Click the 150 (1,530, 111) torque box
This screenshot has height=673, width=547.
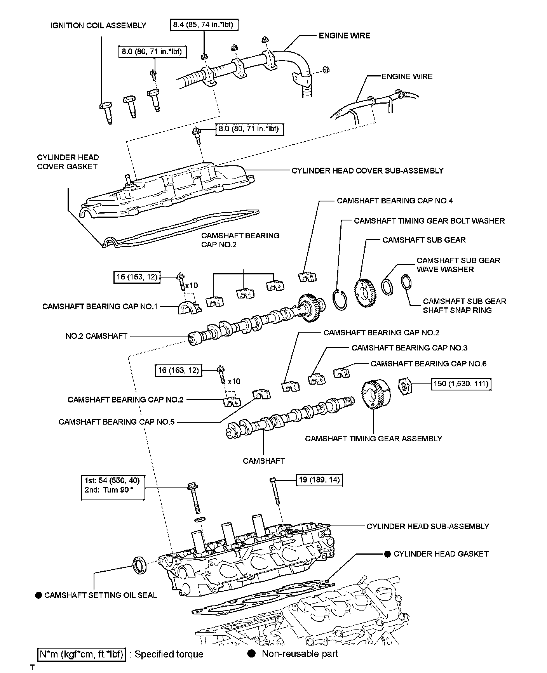pyautogui.click(x=462, y=384)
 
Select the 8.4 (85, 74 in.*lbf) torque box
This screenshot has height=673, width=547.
pyautogui.click(x=204, y=25)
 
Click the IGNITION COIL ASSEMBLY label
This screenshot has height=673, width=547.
pyautogui.click(x=98, y=26)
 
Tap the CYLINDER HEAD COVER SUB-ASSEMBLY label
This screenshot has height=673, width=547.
pyautogui.click(x=368, y=171)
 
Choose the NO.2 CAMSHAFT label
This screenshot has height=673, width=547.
pyautogui.click(x=96, y=336)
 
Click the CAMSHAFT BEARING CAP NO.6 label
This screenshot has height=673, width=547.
pyautogui.click(x=428, y=364)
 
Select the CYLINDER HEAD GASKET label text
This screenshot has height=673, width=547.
pyautogui.click(x=441, y=554)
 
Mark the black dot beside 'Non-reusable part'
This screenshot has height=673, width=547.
pyautogui.click(x=252, y=654)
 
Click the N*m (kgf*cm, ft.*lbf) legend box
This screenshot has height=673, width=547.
pyautogui.click(x=82, y=654)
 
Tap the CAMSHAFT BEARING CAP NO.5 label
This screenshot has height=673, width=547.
pyautogui.click(x=117, y=422)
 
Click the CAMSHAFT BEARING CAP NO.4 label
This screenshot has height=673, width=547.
pyautogui.click(x=395, y=201)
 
